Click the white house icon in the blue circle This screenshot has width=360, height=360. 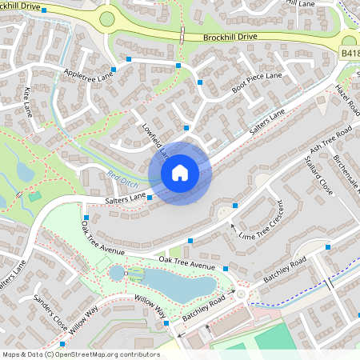(180, 173)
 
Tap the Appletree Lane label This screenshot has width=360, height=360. (89, 77)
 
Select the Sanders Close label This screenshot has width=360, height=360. (50, 310)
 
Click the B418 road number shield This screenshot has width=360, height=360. (350, 54)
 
